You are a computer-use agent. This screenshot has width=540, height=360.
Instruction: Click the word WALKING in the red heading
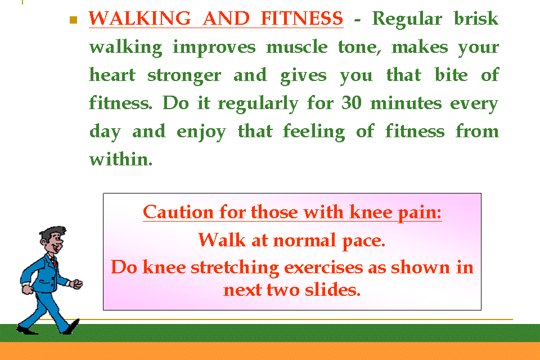[x=139, y=18]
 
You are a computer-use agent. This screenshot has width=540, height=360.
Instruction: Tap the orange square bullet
[x=73, y=20]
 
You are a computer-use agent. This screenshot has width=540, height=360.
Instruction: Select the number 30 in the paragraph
[x=351, y=102]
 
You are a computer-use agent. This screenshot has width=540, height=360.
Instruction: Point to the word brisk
[x=476, y=18]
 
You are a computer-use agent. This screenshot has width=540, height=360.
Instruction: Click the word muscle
[x=296, y=47]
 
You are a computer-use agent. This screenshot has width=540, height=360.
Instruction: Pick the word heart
[x=112, y=75]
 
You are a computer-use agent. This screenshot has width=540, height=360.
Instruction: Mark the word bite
[x=451, y=74]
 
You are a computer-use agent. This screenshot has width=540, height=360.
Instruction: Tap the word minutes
[x=406, y=103]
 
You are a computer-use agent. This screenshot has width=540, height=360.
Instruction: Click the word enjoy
[x=201, y=132]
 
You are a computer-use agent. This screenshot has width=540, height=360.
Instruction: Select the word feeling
[x=314, y=132]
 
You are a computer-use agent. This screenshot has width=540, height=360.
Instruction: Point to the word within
[x=120, y=159]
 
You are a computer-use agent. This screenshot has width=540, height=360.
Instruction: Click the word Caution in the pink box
[x=178, y=212]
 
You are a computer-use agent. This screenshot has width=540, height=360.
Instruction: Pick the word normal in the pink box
[x=304, y=240]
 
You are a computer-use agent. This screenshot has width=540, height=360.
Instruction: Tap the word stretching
[x=235, y=268]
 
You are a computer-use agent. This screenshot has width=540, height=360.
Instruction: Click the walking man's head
[x=52, y=240]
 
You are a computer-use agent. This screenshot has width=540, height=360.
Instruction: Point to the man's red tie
[x=54, y=262]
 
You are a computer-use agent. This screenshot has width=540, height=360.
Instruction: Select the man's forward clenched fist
[x=76, y=284]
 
